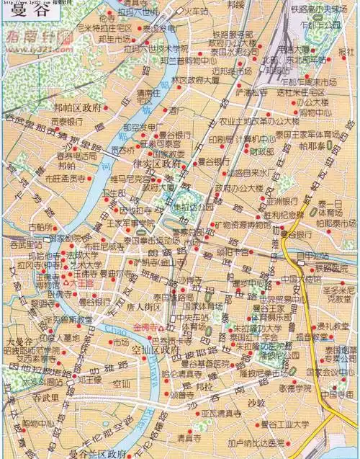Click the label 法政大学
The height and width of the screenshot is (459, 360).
(83, 254)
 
